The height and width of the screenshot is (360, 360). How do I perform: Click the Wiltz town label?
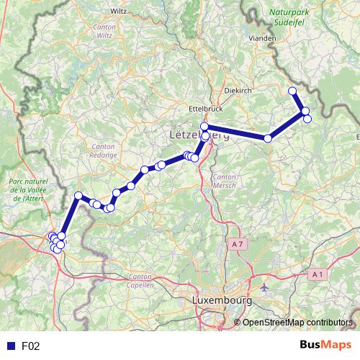[x=119, y=12]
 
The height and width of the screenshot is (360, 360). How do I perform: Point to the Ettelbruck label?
[x=202, y=109]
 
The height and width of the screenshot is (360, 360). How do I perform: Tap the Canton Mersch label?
[x=225, y=181]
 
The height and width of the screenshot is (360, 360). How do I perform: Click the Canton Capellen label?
[x=140, y=281]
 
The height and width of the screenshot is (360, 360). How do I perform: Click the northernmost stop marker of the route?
[x=292, y=91]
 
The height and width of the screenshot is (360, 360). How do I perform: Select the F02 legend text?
[x=30, y=346]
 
